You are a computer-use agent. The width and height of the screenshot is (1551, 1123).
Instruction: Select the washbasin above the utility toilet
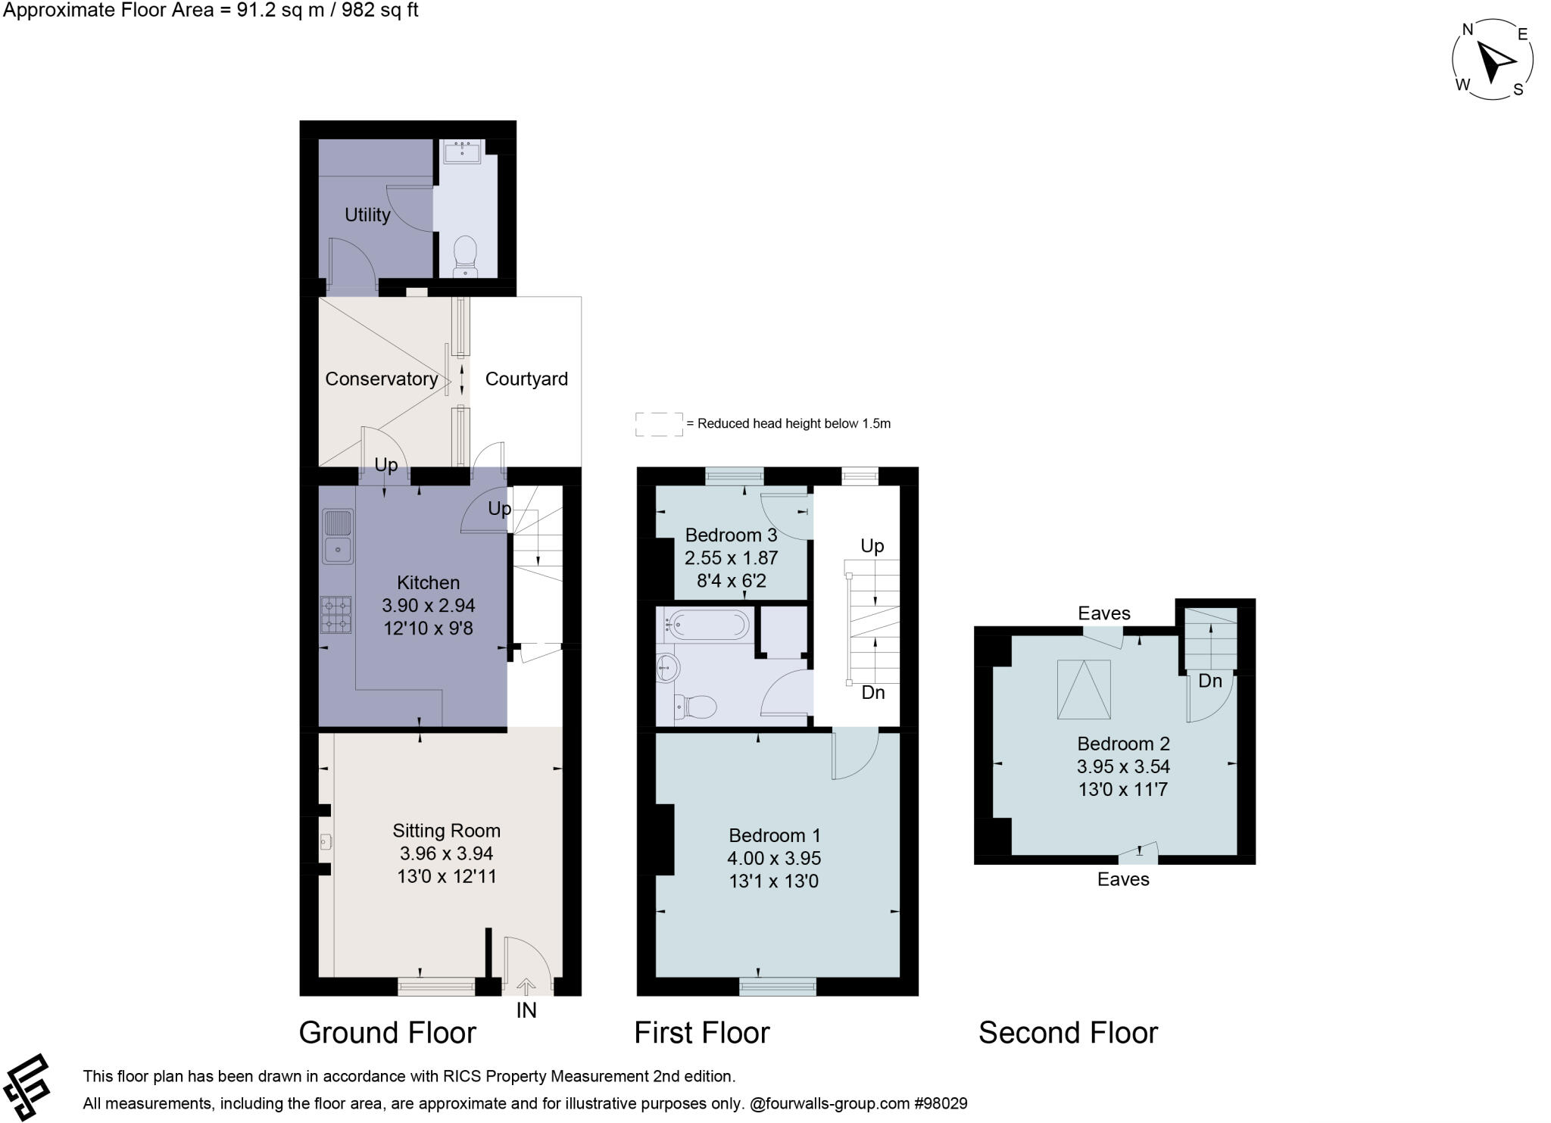(461, 152)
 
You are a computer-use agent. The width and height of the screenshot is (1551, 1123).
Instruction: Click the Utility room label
(367, 215)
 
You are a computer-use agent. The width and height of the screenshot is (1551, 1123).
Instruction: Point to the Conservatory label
(381, 379)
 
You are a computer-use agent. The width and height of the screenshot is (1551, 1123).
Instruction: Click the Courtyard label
(526, 379)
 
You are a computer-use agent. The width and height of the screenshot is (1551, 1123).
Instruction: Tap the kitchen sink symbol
(338, 536)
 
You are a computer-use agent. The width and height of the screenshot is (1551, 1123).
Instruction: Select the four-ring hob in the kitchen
(337, 614)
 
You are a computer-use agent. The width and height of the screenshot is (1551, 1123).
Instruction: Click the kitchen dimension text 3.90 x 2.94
(428, 605)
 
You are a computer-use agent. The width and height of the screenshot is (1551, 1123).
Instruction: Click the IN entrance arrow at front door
(526, 986)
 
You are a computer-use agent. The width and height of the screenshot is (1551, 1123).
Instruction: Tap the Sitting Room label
(446, 831)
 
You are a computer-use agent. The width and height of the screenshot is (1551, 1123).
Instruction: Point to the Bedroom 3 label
(731, 535)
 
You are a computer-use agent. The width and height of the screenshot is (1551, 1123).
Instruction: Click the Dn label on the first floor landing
(872, 693)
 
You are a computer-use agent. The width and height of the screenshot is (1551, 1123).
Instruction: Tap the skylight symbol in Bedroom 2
(1084, 689)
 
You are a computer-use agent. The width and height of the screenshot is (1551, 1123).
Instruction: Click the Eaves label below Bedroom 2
(1123, 879)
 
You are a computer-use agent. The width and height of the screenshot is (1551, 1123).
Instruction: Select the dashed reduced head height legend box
(659, 424)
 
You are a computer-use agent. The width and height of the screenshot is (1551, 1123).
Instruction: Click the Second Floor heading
(1068, 1033)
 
